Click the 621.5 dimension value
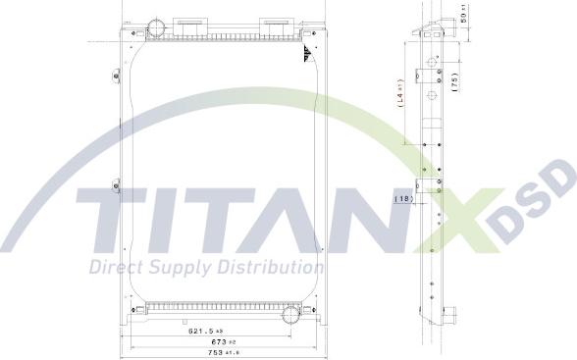click(x=203, y=332)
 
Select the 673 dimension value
click(x=203, y=341)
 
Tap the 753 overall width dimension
click(x=203, y=351)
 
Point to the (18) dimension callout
click(x=403, y=199)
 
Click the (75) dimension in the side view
click(x=453, y=82)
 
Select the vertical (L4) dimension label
click(x=401, y=94)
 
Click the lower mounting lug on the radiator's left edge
click(x=116, y=184)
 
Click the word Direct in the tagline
click(x=115, y=267)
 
